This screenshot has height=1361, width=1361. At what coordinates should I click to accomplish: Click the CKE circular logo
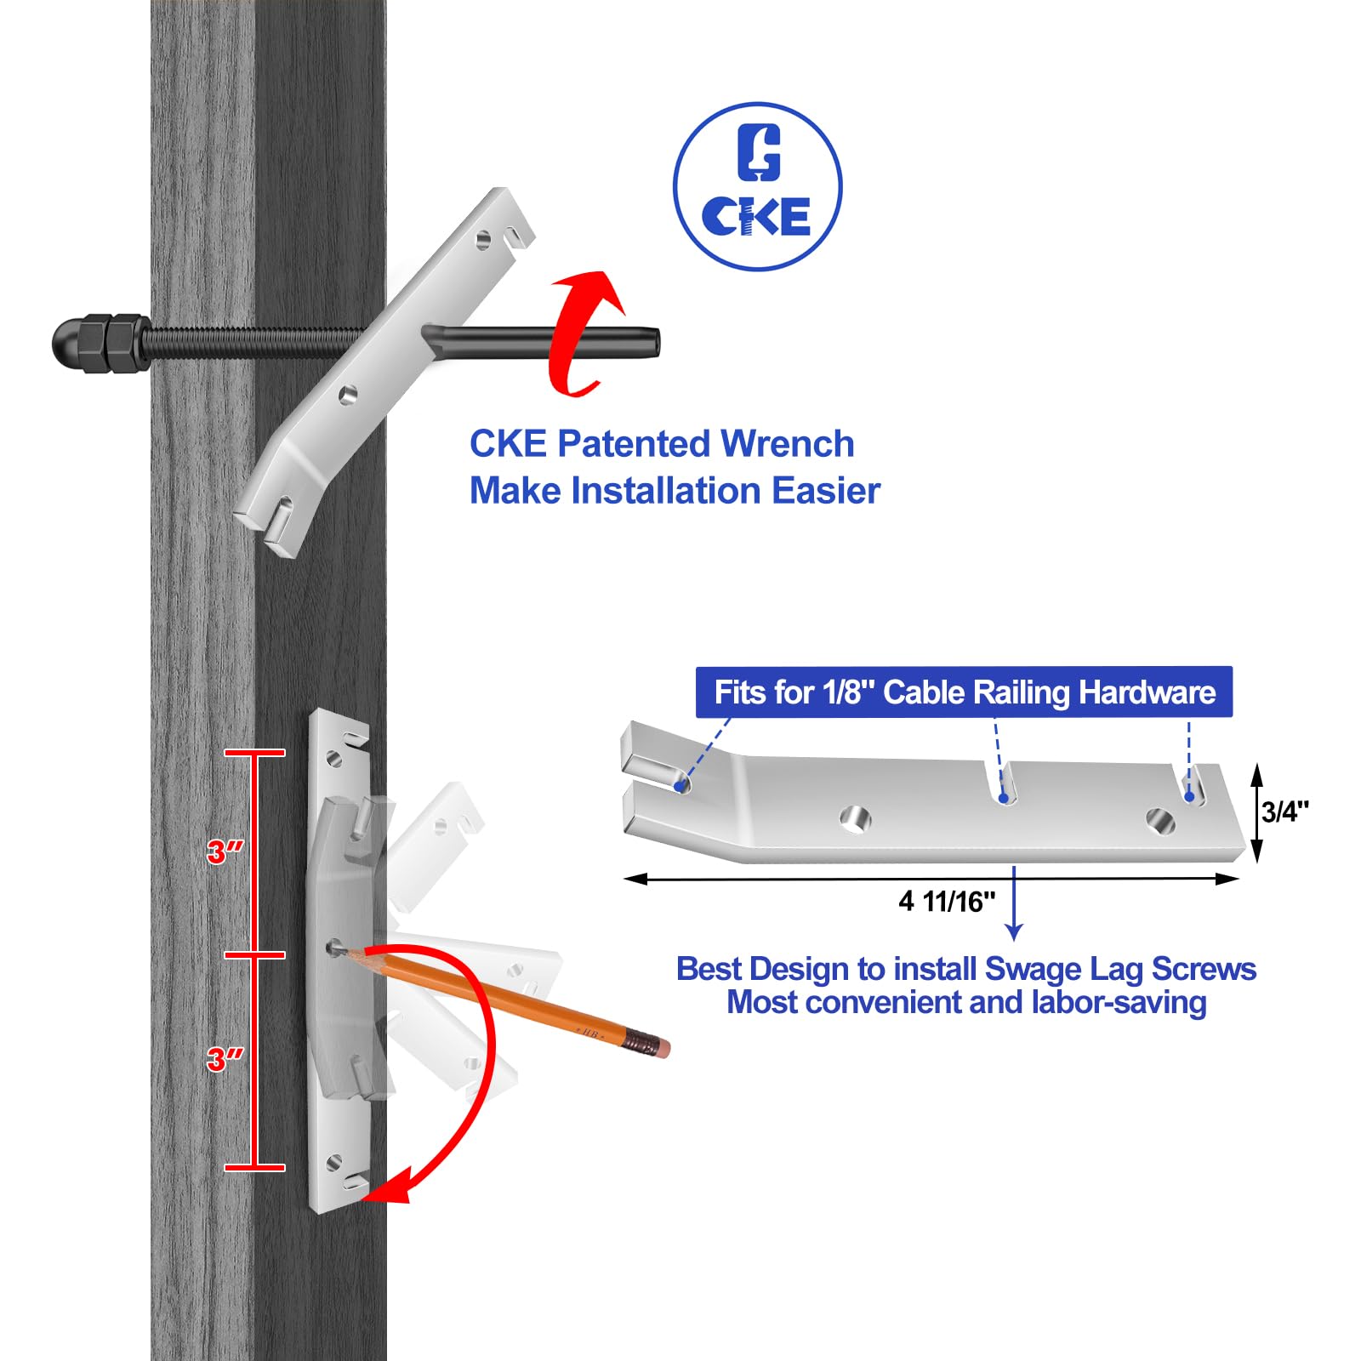(757, 187)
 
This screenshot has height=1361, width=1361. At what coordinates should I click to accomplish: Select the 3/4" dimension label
(1285, 811)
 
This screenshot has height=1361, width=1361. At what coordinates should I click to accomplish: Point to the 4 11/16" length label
(947, 901)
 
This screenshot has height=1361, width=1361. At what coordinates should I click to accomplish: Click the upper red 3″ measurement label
(225, 851)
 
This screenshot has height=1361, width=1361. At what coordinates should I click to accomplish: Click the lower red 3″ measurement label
(225, 1059)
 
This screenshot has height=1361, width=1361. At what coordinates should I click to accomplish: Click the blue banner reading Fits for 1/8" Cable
(964, 692)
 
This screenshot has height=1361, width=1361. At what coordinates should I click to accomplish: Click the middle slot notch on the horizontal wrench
(1005, 783)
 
